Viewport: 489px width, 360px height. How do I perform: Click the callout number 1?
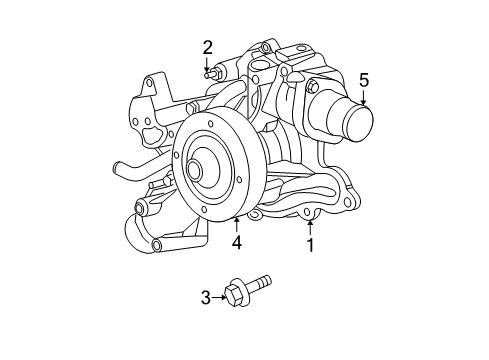(x=310, y=245)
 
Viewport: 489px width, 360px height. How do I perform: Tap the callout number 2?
(x=208, y=46)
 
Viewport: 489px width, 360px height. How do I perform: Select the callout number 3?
(x=205, y=296)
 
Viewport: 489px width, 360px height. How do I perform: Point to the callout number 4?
(x=237, y=242)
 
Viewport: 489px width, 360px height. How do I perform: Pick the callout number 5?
(x=364, y=79)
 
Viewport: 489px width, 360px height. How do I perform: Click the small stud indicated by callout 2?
(x=210, y=73)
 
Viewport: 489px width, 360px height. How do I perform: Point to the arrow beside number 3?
(x=220, y=296)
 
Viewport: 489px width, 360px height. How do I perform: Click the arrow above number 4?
(x=237, y=222)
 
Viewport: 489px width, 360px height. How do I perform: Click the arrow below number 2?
(x=208, y=64)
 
